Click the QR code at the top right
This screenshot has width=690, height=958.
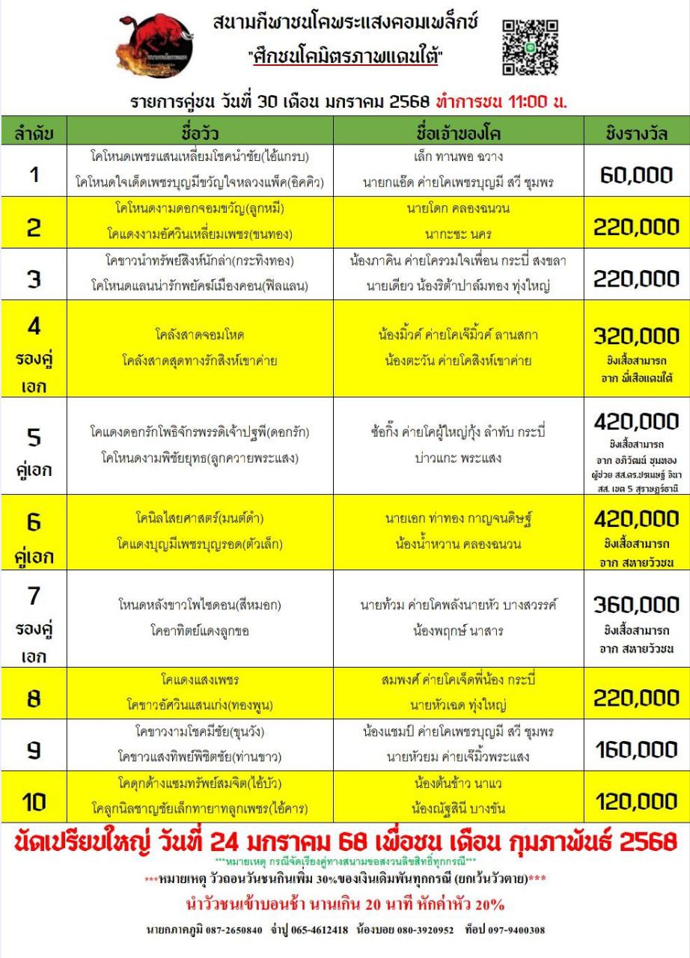click(531, 47)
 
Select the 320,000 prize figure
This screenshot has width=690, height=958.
click(636, 336)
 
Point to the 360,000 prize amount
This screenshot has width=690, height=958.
click(636, 605)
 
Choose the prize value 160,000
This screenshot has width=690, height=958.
click(636, 749)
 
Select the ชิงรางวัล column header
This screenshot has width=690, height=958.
click(637, 134)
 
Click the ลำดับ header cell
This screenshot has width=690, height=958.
click(34, 134)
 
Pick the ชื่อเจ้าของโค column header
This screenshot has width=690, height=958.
click(457, 134)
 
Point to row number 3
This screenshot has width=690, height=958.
click(34, 278)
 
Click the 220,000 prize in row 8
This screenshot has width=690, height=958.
click(636, 698)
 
